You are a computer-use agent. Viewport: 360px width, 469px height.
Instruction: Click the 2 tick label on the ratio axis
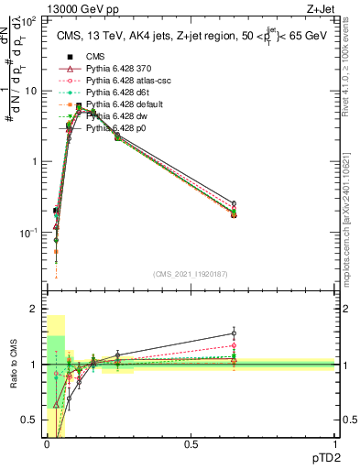click(x=34, y=310)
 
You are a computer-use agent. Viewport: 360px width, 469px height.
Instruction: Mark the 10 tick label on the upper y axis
click(x=30, y=91)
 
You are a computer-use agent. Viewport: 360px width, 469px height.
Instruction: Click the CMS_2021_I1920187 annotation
click(x=190, y=274)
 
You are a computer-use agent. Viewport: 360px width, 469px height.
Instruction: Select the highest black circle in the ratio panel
click(x=234, y=333)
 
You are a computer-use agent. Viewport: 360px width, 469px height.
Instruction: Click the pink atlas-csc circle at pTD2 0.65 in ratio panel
click(x=234, y=345)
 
